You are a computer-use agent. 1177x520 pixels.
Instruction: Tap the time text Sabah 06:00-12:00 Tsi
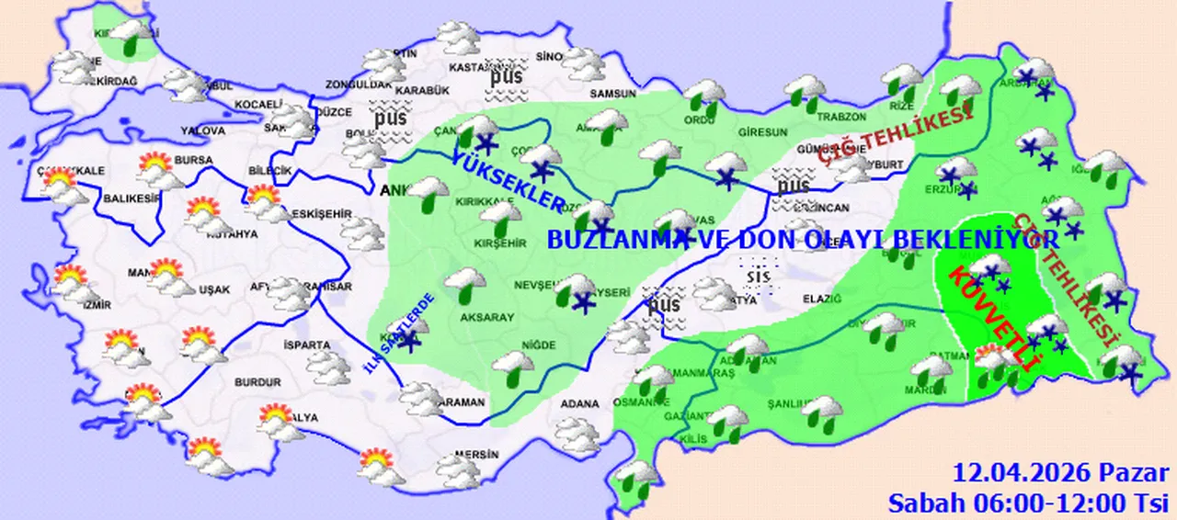tap(1027, 502)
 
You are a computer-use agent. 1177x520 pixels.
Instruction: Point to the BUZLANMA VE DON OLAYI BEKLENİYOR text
tap(803, 240)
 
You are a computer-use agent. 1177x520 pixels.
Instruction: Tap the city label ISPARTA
tap(307, 345)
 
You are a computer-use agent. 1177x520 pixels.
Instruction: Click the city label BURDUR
tap(257, 381)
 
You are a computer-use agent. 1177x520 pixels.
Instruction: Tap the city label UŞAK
tap(214, 289)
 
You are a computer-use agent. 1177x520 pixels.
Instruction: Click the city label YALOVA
tap(202, 131)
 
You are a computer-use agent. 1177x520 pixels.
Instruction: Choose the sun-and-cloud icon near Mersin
tap(377, 464)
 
